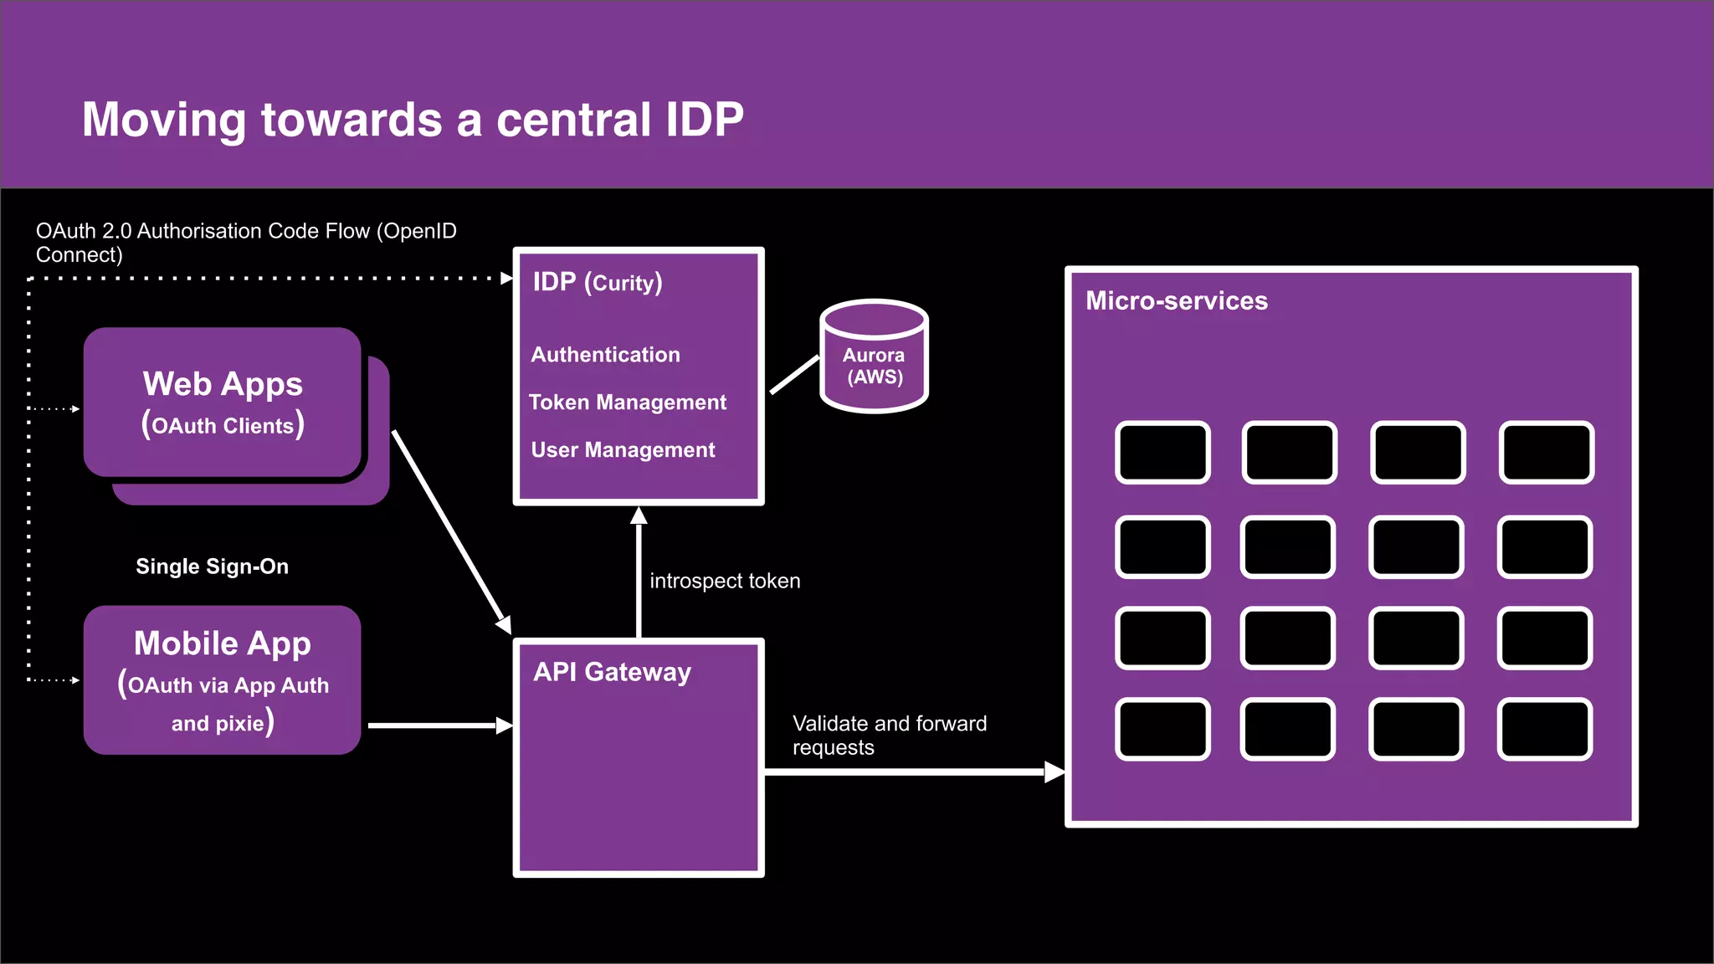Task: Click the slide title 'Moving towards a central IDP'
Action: pos(413,119)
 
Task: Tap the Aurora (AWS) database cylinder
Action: pos(874,358)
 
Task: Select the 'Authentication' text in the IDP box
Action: pos(605,355)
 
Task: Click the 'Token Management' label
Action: pos(628,403)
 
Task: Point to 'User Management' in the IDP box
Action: pos(623,450)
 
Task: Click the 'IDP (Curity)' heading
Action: pos(598,283)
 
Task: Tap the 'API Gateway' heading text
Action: pos(612,672)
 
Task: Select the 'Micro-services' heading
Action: pos(1176,301)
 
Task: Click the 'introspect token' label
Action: pos(725,581)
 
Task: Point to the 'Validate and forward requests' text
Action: pos(889,735)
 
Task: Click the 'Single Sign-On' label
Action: pos(212,567)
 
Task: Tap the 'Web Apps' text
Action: pos(223,384)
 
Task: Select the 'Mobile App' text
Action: pos(223,644)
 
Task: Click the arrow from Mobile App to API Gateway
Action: pos(435,726)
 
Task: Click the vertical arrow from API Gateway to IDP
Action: pos(639,577)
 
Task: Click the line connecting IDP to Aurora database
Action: pos(794,374)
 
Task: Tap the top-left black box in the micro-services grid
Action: pos(1162,453)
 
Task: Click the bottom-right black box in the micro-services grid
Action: pos(1544,730)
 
